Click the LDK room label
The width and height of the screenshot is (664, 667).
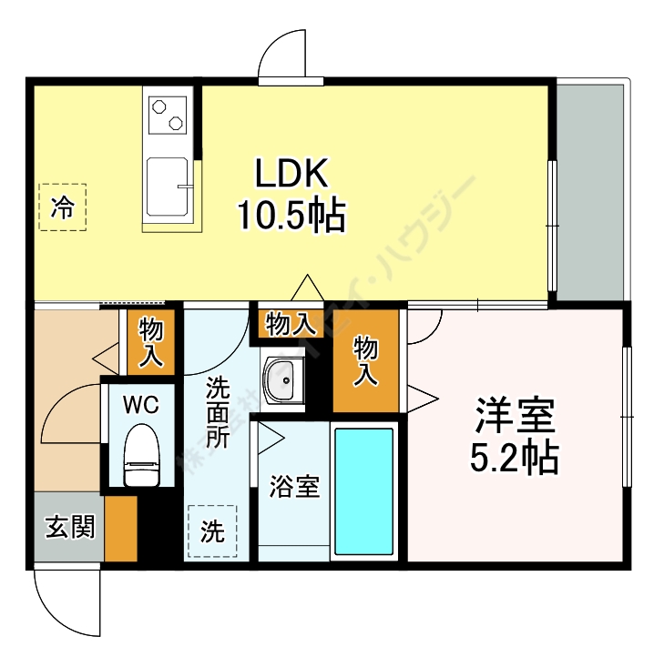(290, 173)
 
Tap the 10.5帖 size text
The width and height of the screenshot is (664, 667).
(291, 216)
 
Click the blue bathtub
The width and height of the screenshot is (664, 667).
(363, 491)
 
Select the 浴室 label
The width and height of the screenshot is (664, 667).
(293, 487)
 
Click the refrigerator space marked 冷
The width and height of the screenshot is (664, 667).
(62, 207)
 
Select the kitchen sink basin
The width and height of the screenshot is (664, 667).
(168, 187)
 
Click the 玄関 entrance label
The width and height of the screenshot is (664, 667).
(70, 528)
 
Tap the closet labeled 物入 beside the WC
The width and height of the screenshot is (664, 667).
(149, 342)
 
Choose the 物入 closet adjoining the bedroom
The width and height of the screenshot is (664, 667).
(366, 360)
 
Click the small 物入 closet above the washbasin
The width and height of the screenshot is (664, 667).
(291, 323)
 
